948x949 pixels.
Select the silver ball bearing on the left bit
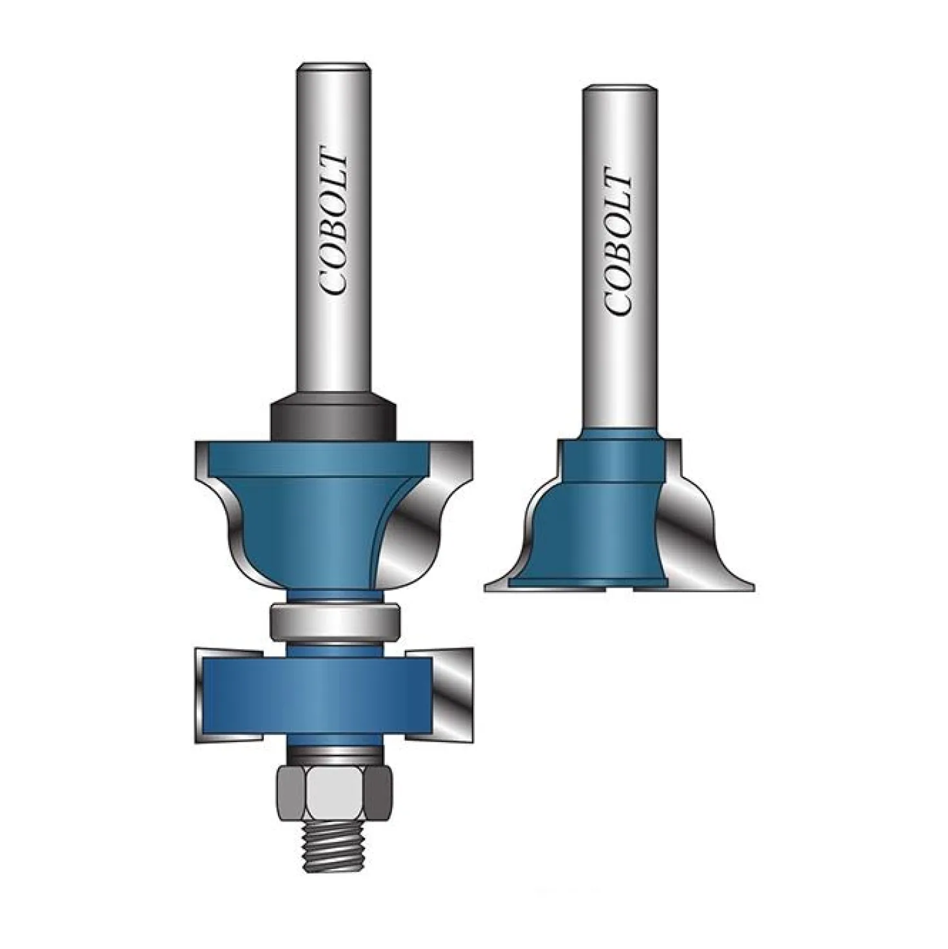[335, 621]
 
